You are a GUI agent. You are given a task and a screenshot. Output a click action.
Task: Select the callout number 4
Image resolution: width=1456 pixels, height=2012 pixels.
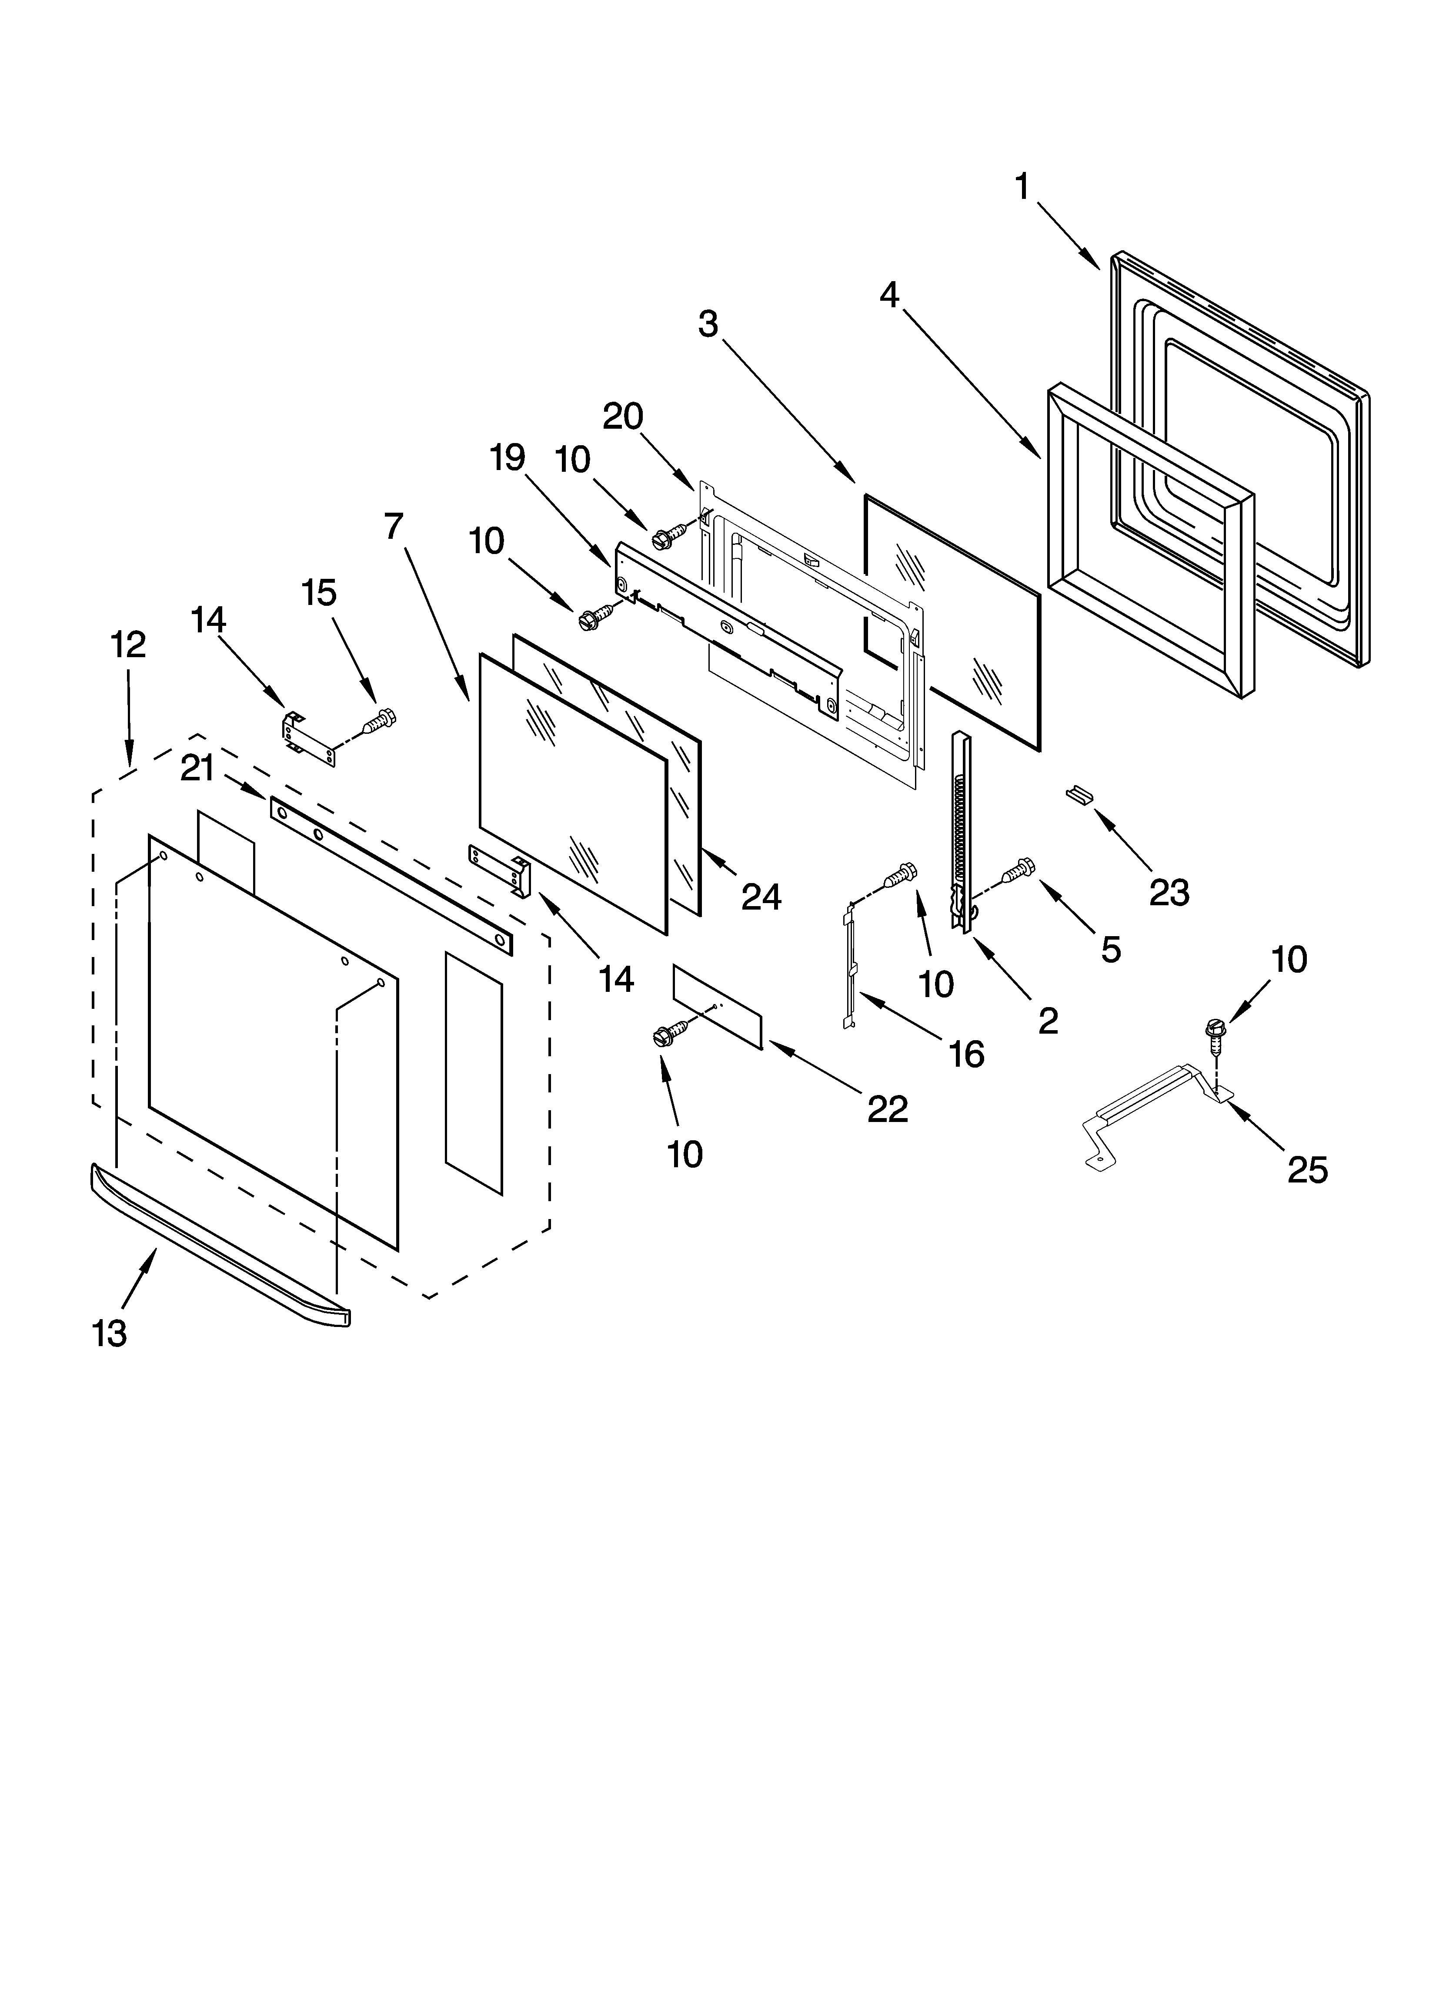pos(889,295)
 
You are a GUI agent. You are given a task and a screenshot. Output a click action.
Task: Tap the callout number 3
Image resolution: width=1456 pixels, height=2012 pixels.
pos(708,325)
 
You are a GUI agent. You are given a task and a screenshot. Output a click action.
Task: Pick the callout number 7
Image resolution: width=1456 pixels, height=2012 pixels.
pos(394,526)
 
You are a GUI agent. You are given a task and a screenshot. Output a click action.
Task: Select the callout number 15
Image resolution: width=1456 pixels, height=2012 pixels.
pos(319,593)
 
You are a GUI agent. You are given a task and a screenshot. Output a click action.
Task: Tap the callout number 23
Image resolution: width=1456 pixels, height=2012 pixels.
pos(1169,893)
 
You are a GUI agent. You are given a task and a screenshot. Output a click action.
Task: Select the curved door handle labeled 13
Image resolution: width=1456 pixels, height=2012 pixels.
pos(222,1242)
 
